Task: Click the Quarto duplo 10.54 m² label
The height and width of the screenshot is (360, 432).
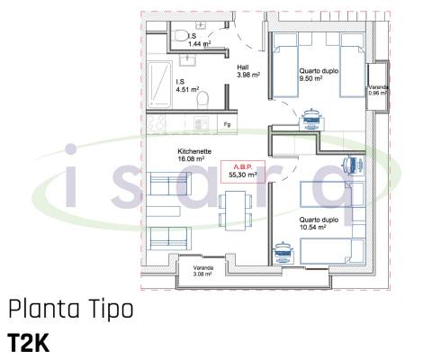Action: (x=318, y=224)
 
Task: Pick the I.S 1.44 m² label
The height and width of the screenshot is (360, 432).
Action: (x=199, y=40)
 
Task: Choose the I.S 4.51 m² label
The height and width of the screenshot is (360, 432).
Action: (x=186, y=85)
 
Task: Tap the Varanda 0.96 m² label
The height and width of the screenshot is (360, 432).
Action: (x=376, y=89)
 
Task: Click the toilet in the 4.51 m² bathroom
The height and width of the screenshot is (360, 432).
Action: (x=205, y=97)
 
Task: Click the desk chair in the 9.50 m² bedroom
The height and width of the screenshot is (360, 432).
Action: (x=313, y=114)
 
